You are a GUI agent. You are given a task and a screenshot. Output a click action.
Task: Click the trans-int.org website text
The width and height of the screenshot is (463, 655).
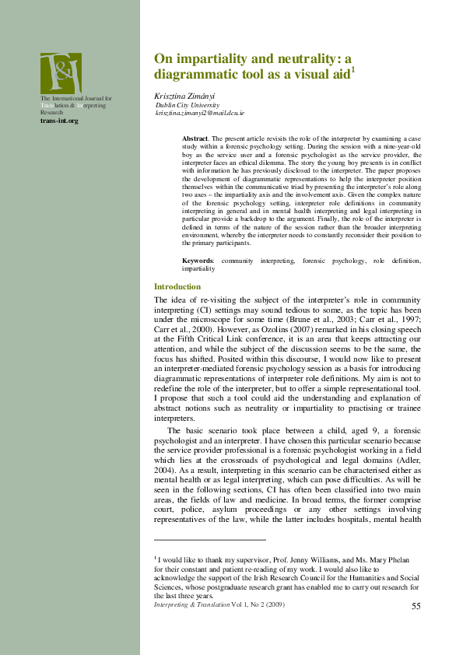[x=59, y=121]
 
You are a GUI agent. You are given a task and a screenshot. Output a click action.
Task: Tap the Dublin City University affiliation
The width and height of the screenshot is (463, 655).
[x=188, y=104]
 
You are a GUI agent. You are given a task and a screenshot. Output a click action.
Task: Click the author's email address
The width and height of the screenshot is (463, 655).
[x=201, y=113]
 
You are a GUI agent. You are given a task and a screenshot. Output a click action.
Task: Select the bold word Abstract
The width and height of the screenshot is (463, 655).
[x=195, y=137]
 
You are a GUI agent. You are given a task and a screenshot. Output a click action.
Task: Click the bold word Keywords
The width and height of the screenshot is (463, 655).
[x=198, y=261]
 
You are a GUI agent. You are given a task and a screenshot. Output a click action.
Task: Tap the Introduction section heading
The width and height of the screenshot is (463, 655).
[x=177, y=287]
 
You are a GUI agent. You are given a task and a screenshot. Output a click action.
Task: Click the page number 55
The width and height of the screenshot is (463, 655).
[x=416, y=605]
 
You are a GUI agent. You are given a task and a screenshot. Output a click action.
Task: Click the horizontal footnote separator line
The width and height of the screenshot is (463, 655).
[x=210, y=539]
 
